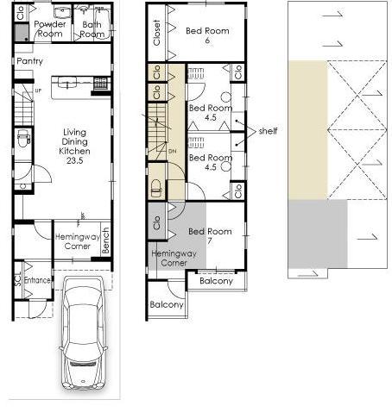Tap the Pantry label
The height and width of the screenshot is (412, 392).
coord(29,61)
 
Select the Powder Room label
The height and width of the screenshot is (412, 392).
coord(50,28)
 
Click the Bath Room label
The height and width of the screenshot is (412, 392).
coord(92,29)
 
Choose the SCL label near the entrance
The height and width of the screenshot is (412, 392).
coord(18,280)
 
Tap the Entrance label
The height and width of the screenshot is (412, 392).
coord(37,280)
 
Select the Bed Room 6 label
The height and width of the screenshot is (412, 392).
coord(208,34)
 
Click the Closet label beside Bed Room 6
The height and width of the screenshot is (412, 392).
coord(157,33)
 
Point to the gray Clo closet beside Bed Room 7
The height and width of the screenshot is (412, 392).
coord(156,220)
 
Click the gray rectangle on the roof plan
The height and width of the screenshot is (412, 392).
coord(317,234)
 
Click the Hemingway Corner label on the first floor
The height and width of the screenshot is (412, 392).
coord(78,241)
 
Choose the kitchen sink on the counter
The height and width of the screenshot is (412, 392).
coord(67,84)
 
